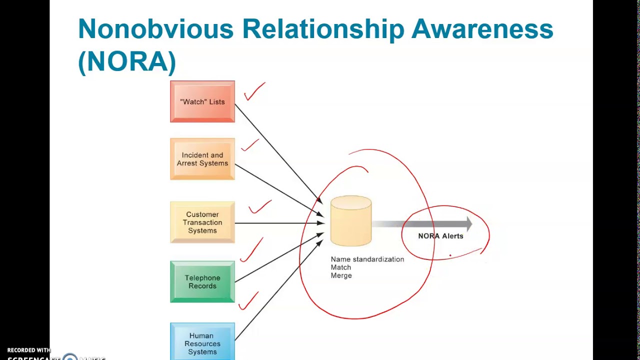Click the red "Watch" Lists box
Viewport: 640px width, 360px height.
coord(202,101)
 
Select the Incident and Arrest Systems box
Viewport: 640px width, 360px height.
coord(202,159)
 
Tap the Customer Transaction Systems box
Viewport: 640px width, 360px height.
coord(202,222)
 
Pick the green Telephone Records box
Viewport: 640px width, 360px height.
coord(202,282)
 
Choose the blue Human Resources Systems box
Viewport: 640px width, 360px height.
coord(202,343)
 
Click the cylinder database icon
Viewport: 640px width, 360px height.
coord(351,221)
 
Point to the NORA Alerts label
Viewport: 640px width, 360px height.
coord(440,236)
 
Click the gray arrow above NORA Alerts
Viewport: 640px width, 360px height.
coord(425,224)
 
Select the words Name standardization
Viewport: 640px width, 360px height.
coord(367,259)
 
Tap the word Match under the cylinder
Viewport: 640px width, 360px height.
coord(340,267)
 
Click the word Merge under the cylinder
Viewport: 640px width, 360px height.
coord(341,275)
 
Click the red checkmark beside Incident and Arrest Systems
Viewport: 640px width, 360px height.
coord(249,145)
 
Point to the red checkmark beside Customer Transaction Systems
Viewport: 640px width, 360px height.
coord(259,206)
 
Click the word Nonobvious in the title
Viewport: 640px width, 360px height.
coord(155,29)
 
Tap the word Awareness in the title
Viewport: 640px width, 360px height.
coord(482,29)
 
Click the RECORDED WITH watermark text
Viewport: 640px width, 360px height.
coord(29,350)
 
